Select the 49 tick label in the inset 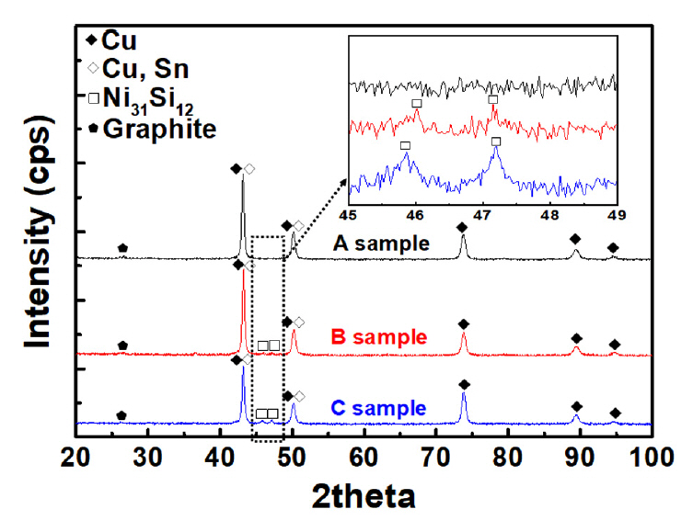tap(617, 216)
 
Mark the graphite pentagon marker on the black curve tap(122, 248)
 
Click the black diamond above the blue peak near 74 tap(464, 384)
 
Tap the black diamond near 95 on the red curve tap(614, 345)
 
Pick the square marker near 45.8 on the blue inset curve tap(405, 145)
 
